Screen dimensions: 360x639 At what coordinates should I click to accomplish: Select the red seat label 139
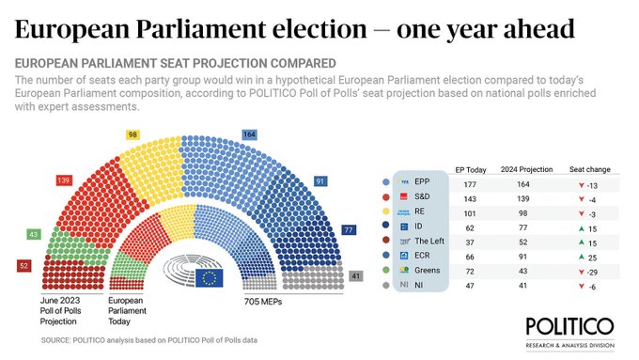64,180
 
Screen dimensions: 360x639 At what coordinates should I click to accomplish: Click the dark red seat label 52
23,267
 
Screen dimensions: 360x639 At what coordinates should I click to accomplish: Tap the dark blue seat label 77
374,229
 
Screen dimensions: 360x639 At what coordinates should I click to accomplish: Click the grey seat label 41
354,275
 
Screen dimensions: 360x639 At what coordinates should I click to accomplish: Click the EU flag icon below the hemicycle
210,276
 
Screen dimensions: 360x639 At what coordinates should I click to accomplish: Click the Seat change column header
589,169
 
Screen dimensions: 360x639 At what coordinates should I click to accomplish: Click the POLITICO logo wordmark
569,325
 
